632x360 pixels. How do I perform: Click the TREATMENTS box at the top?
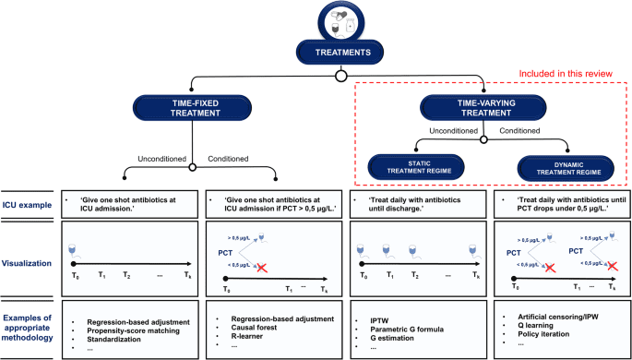pos(316,53)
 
